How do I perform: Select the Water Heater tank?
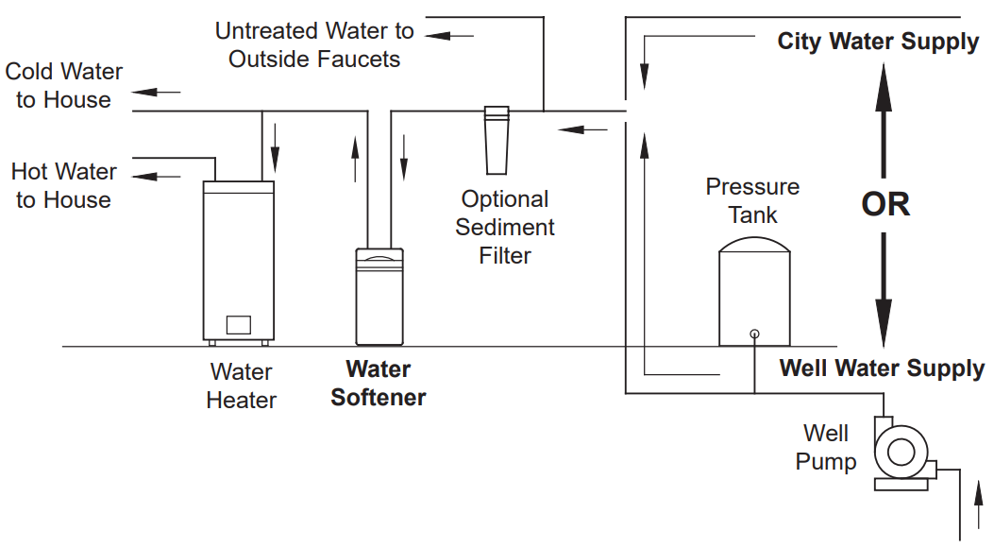[x=240, y=260]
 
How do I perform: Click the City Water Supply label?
[x=878, y=42]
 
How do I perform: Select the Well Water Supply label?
[x=882, y=368]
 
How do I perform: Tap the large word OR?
[x=885, y=204]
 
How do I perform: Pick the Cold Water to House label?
[x=64, y=85]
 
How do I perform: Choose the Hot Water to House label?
[x=64, y=186]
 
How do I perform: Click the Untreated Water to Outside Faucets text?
[x=314, y=44]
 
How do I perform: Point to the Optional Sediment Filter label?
[x=505, y=228]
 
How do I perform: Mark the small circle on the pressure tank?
[x=754, y=334]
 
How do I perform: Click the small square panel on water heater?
[x=239, y=324]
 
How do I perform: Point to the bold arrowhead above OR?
[x=884, y=80]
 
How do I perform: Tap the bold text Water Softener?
[x=379, y=383]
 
